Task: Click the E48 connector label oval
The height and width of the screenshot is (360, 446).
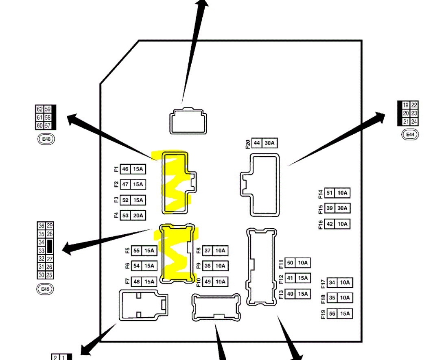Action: pos(46,139)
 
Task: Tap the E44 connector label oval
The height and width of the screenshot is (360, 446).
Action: pos(410,134)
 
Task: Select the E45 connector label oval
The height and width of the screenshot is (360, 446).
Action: pos(45,289)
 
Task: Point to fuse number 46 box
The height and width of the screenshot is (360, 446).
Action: pos(125,169)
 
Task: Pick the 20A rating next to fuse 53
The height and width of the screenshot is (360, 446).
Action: pos(138,215)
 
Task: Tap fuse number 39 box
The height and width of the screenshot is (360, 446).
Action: pos(330,208)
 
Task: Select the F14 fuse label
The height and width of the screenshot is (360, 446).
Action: pos(321,193)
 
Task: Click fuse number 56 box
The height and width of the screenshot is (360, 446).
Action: pos(332,314)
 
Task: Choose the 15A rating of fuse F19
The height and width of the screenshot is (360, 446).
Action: pos(345,314)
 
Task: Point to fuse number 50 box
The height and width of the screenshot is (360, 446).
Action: pos(290,263)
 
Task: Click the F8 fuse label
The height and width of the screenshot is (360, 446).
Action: pos(199,251)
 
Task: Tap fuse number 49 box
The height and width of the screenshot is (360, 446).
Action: pos(208,281)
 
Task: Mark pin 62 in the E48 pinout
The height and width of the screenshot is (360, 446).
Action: pos(39,109)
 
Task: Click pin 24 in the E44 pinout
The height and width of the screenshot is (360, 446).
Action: pos(414,121)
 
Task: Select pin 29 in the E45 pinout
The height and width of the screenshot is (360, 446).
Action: pos(50,226)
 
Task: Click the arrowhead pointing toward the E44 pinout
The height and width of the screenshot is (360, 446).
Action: pos(380,117)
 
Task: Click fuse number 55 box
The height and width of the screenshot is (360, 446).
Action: pos(136,251)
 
